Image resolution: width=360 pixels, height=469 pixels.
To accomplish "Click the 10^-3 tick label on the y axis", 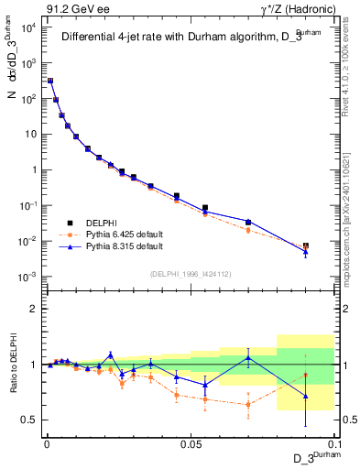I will coord(27,277).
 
